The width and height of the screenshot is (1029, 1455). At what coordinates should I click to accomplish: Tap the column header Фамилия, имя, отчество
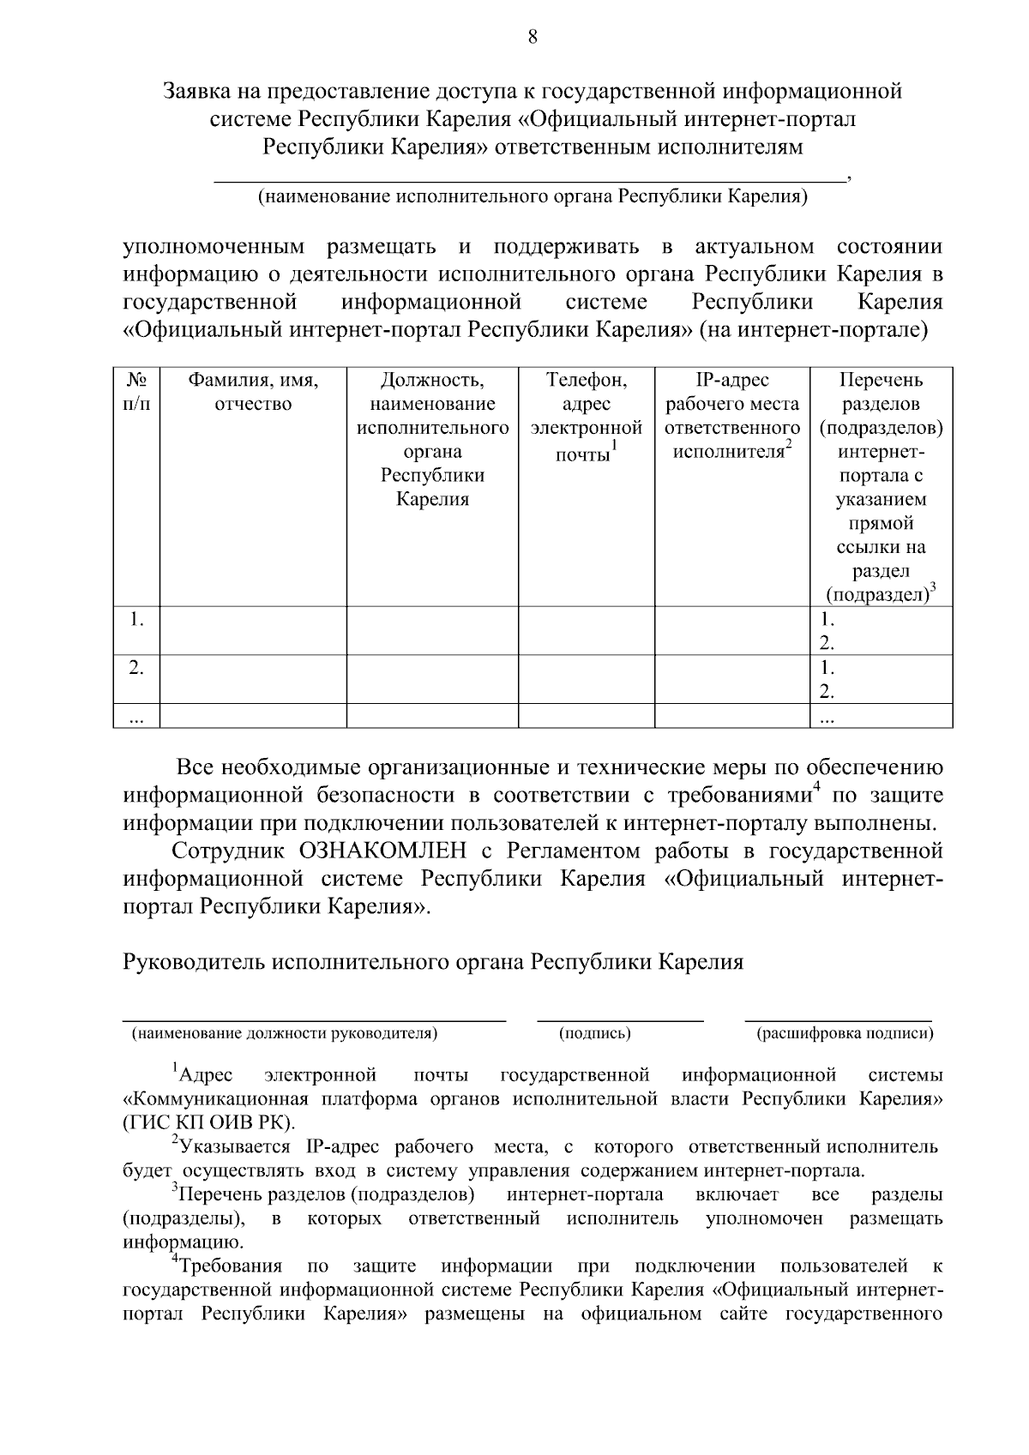pos(253,392)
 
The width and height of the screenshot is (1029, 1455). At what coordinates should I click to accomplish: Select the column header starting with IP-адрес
pos(732,415)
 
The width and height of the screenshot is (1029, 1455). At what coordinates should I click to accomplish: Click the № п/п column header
pos(136,392)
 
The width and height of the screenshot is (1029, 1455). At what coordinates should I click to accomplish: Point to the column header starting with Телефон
pos(587,416)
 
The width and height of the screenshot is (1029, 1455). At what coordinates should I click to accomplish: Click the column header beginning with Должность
pos(432,439)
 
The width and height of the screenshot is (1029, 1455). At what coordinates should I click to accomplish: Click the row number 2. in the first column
pos(136,667)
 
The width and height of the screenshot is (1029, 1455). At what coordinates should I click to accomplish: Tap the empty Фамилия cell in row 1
pos(253,630)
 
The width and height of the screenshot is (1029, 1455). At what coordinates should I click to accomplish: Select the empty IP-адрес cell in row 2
pos(732,678)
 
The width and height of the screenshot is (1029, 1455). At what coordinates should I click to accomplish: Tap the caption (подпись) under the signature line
pos(595,1033)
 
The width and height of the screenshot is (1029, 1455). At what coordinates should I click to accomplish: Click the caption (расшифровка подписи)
pos(845,1033)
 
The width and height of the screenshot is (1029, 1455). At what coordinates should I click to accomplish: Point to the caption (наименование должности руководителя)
pos(284,1033)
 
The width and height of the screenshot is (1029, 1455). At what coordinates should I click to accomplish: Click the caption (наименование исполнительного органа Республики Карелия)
pos(533,197)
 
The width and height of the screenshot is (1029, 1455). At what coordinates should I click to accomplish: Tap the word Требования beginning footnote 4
pos(231,1266)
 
